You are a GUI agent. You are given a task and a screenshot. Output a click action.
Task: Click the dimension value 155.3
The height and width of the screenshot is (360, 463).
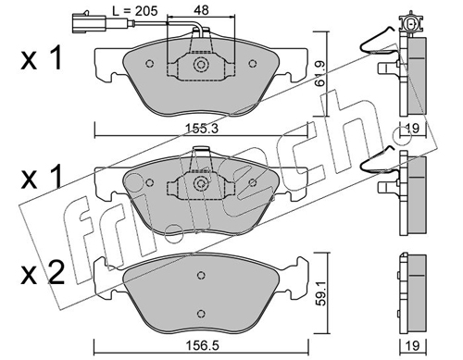click(202, 128)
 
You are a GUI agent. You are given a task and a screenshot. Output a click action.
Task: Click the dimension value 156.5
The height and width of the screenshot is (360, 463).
click(201, 345)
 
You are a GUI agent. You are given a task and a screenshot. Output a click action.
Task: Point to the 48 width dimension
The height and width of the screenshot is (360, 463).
click(201, 10)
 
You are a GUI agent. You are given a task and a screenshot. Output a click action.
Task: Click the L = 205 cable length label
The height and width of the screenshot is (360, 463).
click(134, 11)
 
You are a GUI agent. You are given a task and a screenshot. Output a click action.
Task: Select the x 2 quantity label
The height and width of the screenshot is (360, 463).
click(43, 273)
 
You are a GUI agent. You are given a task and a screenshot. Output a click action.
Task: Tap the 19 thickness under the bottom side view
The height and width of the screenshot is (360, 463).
click(413, 345)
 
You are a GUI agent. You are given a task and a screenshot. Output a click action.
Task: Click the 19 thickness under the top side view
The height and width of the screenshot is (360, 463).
click(413, 128)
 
